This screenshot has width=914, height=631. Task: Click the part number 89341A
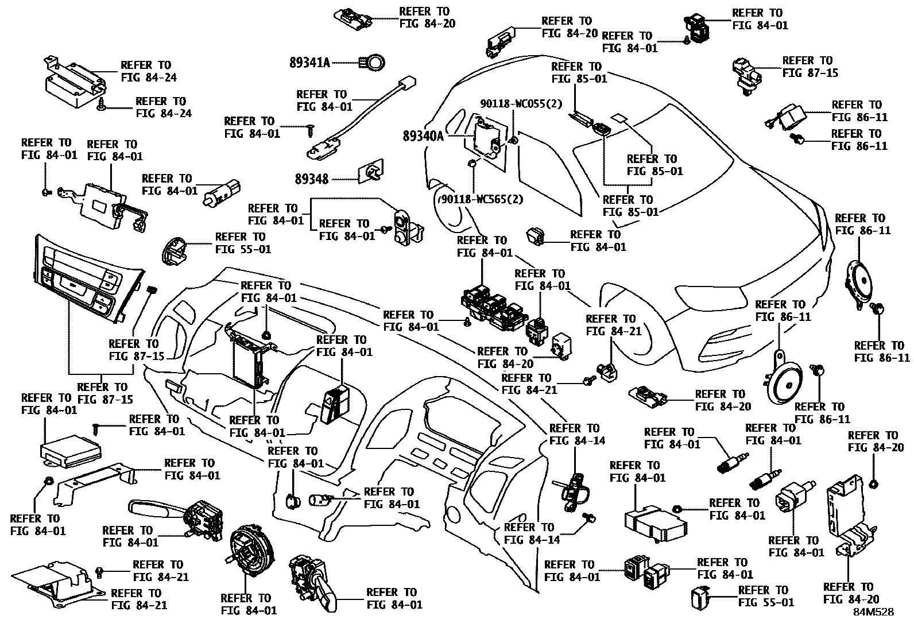pos(309,63)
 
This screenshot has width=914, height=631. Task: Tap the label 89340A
pos(423,136)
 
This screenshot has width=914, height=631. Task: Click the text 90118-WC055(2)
pos(521,103)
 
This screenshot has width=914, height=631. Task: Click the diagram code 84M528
pos(873,612)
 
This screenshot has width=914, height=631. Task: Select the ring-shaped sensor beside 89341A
pos(374,62)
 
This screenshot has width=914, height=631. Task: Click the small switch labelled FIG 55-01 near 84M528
pos(700,597)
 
